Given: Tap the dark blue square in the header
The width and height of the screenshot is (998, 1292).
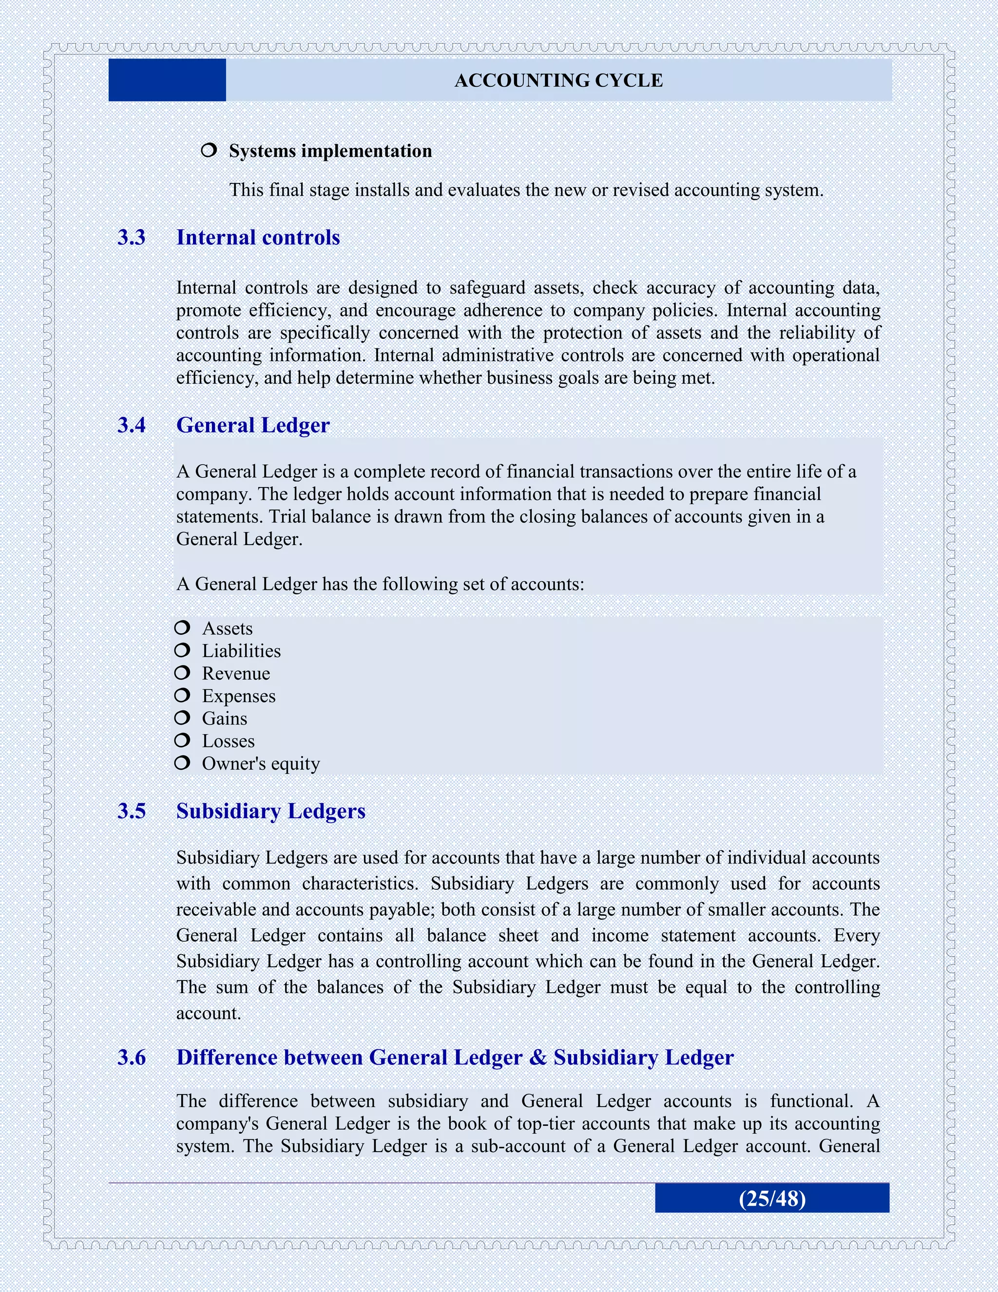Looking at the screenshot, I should (167, 80).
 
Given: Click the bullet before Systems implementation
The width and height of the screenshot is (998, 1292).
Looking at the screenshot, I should (209, 150).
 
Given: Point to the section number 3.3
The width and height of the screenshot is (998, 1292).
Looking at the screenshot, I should (131, 237).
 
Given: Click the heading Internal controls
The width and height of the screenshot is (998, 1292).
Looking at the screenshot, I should (258, 237).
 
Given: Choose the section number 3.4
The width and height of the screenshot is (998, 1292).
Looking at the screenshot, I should (131, 425).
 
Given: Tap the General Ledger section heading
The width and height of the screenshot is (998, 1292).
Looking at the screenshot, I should (252, 425).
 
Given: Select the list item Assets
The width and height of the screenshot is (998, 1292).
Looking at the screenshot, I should (227, 628).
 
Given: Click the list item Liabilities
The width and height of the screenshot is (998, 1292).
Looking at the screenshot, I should (241, 651).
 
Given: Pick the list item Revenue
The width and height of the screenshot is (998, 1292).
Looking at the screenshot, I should (236, 673).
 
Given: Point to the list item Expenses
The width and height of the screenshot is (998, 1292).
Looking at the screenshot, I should (238, 696).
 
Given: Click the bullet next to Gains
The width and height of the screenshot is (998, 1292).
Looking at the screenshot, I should (182, 718).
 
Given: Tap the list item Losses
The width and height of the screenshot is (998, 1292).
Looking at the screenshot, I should (228, 741).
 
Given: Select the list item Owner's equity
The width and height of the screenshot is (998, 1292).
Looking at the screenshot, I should (261, 763).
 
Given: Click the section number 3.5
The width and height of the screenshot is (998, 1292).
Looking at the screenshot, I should (131, 811).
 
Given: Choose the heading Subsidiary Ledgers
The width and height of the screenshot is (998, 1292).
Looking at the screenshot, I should (271, 811).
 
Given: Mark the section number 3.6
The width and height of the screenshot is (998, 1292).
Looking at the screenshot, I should (131, 1057).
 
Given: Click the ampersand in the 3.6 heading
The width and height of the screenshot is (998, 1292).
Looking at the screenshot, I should (538, 1057).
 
